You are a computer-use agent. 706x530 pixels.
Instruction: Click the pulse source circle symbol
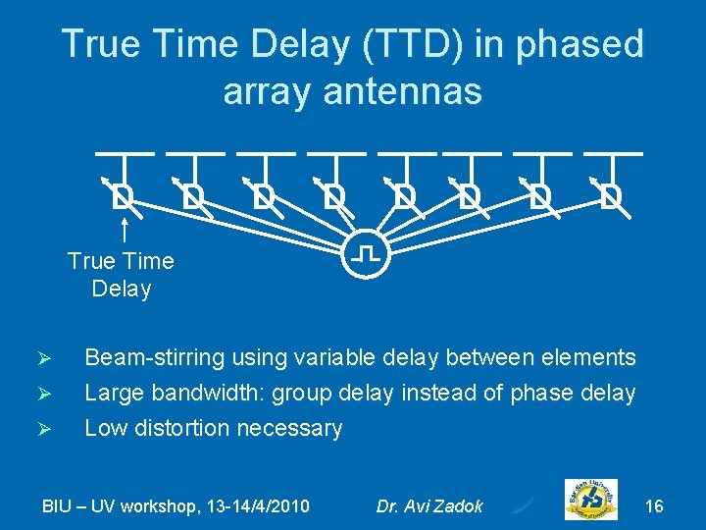[366, 255]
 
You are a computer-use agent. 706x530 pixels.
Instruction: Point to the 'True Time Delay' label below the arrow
[121, 275]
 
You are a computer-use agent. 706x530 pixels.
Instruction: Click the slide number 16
[654, 505]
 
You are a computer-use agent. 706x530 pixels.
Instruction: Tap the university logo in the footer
[591, 501]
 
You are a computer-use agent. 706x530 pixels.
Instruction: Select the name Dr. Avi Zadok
[429, 506]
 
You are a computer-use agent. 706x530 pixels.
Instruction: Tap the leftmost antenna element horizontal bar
[125, 153]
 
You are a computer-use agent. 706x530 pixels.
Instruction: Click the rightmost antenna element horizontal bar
[613, 153]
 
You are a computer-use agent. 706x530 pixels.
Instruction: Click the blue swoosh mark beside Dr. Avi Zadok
[523, 504]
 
